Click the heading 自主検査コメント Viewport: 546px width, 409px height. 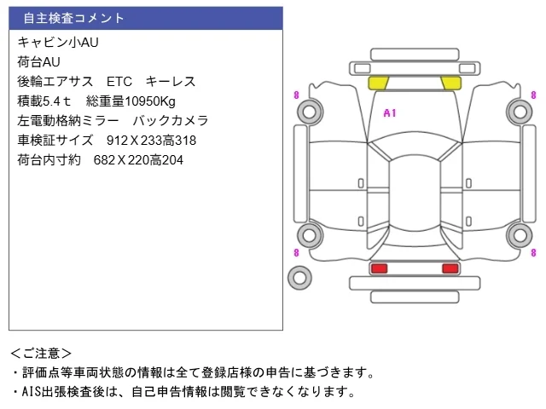(73, 18)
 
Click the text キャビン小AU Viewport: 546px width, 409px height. (58, 42)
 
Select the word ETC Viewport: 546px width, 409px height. (119, 82)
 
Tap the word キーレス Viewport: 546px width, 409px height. (171, 82)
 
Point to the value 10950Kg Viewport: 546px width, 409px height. (150, 101)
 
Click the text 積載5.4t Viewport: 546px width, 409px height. (44, 101)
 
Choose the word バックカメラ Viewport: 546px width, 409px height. (171, 121)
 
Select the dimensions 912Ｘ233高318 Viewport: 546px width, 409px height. (152, 141)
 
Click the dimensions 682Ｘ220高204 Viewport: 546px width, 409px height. (138, 160)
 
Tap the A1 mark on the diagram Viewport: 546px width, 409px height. (390, 113)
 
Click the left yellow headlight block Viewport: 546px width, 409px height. (378, 83)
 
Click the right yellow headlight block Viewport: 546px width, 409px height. (451, 83)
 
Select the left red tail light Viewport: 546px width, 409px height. (379, 268)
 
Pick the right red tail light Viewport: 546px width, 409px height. (450, 268)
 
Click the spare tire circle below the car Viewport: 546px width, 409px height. (299, 278)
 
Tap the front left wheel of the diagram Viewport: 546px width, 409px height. (310, 112)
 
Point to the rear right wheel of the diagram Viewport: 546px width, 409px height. (520, 235)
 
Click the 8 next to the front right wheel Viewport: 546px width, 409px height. (533, 95)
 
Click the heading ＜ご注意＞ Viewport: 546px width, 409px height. (41, 354)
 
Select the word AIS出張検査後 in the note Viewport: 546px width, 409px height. (63, 392)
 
